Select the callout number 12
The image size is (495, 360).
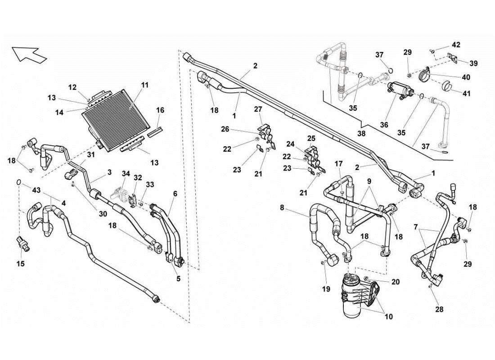click(73, 87)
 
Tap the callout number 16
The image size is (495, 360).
click(161, 110)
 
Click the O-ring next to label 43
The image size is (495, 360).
click(18, 182)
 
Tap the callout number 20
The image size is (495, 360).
click(395, 282)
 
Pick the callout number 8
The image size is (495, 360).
click(282, 208)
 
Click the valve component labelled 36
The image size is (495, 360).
click(399, 89)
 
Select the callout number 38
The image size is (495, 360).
click(361, 134)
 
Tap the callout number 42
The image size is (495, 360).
click(456, 45)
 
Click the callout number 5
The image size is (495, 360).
click(178, 279)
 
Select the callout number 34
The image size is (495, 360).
click(126, 174)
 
